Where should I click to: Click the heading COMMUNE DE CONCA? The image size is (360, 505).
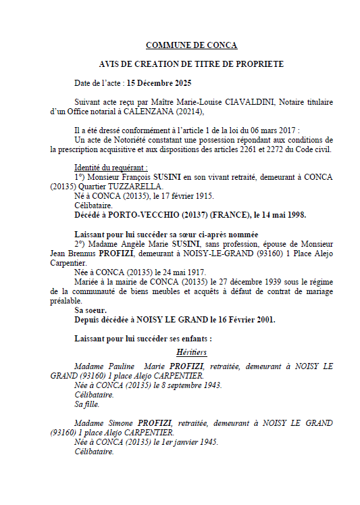tap(192, 45)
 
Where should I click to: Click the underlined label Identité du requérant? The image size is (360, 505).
tap(111, 168)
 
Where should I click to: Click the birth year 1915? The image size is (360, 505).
tap(202, 196)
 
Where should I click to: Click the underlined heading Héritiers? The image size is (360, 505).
tap(191, 352)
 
